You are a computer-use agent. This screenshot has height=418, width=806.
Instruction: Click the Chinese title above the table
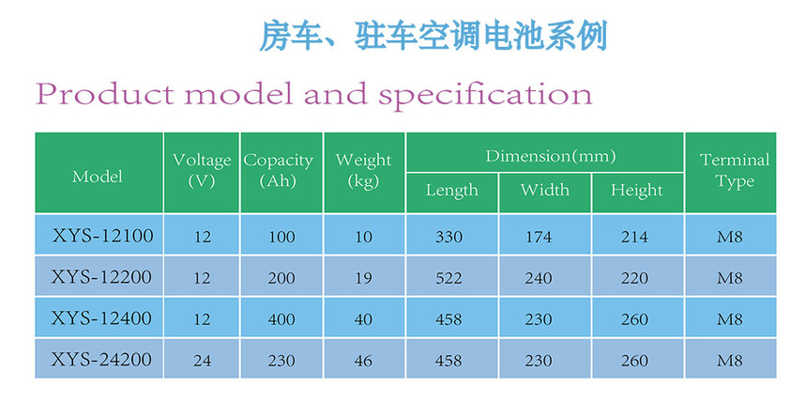coord(433,36)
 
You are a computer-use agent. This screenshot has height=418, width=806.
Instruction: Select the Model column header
coord(98,176)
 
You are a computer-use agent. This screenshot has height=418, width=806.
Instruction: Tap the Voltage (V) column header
coord(202,170)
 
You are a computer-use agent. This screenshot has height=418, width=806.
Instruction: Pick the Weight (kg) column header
coord(363,170)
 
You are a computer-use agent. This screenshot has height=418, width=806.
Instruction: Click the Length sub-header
coord(451,191)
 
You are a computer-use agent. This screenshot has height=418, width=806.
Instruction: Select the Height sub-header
coord(636,191)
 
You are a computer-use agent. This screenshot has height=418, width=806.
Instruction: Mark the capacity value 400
coord(281,319)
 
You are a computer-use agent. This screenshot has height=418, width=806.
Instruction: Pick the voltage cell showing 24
coord(203,361)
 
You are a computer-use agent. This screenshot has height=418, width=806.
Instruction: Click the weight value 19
coord(363,278)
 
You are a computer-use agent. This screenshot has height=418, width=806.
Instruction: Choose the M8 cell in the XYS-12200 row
coord(730,278)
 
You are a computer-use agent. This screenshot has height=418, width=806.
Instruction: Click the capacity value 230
coord(281,361)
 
